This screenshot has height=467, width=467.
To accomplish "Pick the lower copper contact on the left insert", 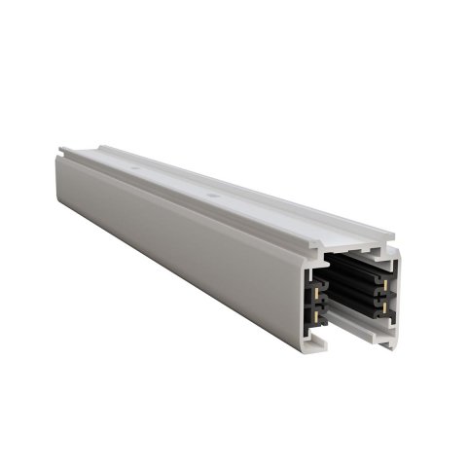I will [319, 308].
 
